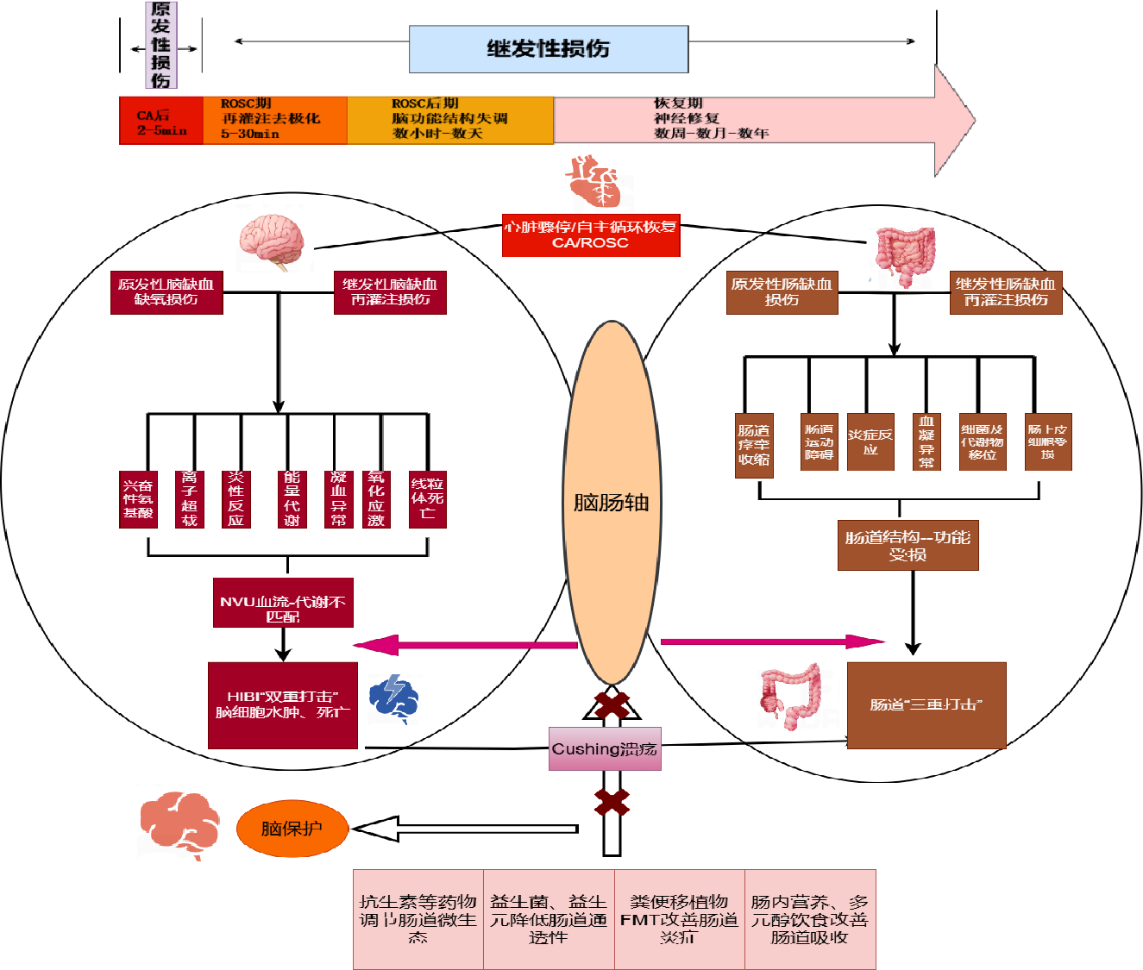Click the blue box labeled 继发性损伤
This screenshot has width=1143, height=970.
coord(549,49)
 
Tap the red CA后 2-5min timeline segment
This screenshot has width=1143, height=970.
coord(161,121)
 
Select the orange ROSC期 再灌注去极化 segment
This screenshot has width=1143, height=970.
coord(274,120)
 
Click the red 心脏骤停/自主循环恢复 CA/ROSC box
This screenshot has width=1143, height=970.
coord(591,235)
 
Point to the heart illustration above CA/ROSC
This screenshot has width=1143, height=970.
coord(594,181)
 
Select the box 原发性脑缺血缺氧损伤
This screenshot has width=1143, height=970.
coord(166,292)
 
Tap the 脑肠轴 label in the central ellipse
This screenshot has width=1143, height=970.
coord(611,503)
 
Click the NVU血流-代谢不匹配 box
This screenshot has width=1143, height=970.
coord(283,603)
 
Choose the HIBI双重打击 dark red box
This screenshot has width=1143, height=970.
coord(283,705)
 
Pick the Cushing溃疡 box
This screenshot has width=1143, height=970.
coord(605,748)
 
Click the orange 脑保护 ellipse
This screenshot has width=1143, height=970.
coord(292,829)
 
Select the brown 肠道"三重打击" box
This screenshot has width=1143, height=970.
coord(926,705)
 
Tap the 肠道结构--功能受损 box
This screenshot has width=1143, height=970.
coord(907,545)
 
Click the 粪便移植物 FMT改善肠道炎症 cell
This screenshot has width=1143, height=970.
coord(679,919)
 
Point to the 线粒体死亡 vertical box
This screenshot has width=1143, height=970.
coord(427,498)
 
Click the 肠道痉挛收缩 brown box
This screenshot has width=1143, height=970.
coord(754,445)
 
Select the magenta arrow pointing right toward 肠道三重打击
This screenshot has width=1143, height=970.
coord(772,641)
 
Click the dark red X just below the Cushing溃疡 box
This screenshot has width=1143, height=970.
coord(612,802)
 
